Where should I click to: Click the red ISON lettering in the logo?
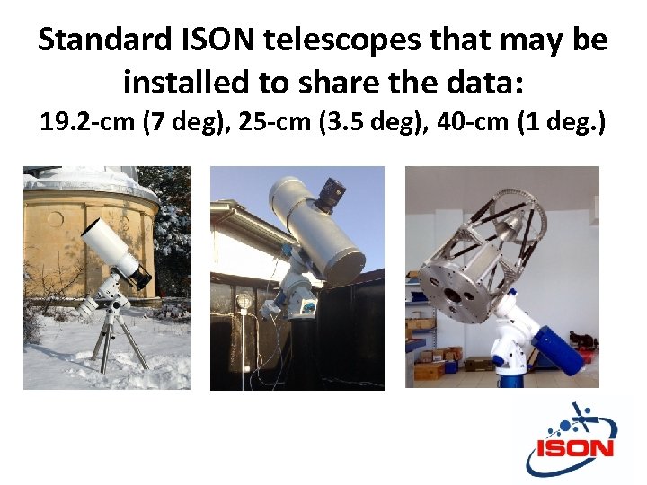(x=576, y=447)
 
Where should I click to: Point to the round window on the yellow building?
(x=57, y=219)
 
